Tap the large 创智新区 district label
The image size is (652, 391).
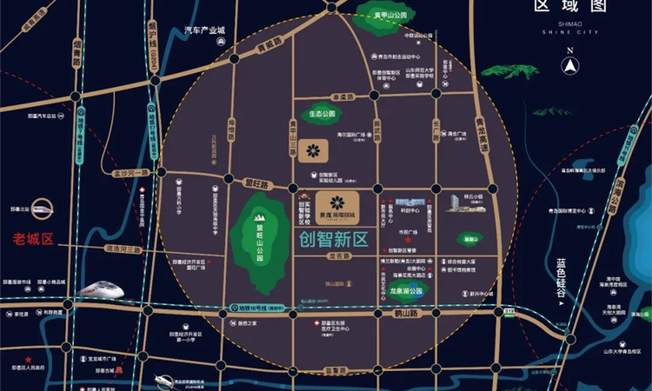pyautogui.click(x=334, y=236)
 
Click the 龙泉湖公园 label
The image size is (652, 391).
pyautogui.click(x=405, y=290)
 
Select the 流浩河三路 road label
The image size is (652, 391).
pyautogui.click(x=121, y=249)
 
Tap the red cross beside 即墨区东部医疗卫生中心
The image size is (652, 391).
pyautogui.click(x=311, y=322)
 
